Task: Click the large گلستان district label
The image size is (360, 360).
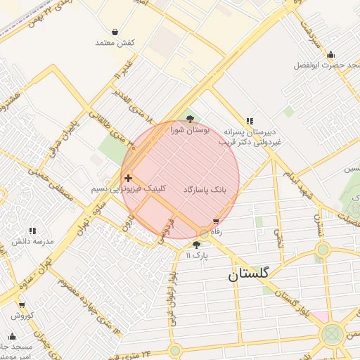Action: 258,276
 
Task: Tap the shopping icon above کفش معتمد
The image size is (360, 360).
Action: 115,32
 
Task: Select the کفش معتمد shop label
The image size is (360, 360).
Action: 115,43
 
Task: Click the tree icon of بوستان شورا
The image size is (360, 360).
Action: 190,120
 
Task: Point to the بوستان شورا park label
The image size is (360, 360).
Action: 190,131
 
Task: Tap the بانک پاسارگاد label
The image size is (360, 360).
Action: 206,190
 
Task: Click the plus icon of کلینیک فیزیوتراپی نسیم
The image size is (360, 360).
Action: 127,179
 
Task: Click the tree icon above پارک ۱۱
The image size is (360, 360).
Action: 196,244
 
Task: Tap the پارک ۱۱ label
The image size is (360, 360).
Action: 198,255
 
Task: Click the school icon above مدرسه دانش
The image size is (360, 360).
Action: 32,231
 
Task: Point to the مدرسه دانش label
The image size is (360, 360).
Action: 32,242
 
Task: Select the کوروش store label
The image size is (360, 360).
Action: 22,316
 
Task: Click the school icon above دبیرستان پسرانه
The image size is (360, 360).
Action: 249,121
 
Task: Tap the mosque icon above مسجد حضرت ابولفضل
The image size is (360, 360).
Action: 330,55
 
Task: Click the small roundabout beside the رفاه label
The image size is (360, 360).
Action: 204,233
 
